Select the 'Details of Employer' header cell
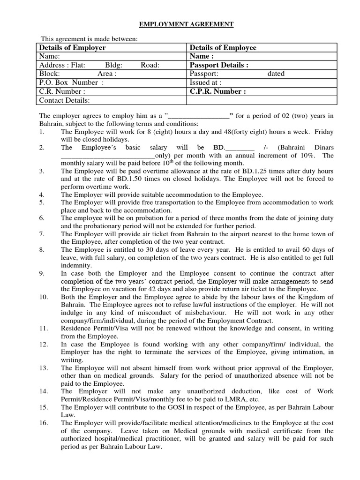point(72,48)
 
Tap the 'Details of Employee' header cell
point(223,48)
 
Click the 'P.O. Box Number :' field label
point(71,82)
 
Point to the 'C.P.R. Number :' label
point(217,91)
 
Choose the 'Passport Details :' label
point(219,65)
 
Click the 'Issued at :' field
point(206,82)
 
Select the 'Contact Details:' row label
point(64,100)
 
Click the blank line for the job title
point(198,116)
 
